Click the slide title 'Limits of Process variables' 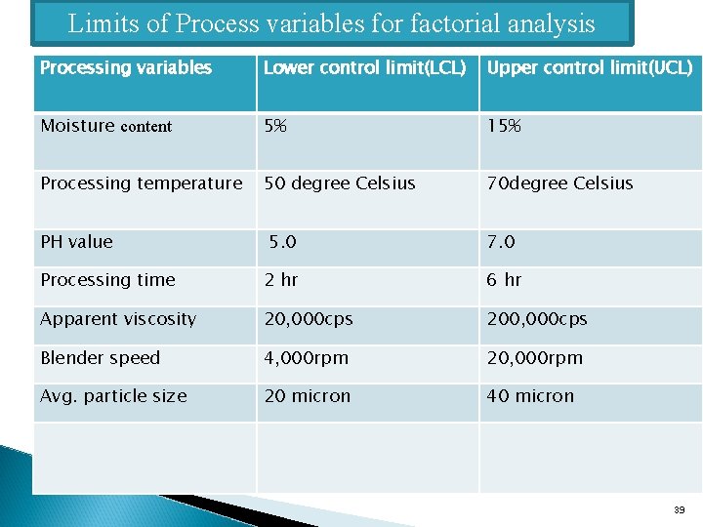tap(331, 23)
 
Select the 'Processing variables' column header tap(126, 68)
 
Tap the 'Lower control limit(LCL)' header tap(364, 68)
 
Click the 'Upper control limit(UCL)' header tap(590, 68)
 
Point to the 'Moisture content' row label tap(105, 126)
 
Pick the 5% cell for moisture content tap(275, 126)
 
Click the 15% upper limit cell tap(504, 126)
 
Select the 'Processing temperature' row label tap(142, 183)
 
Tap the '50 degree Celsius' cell tap(340, 183)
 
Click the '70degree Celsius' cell tap(560, 183)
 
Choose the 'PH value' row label tap(76, 242)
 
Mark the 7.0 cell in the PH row tap(502, 242)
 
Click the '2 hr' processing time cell tap(281, 280)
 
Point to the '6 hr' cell tap(505, 280)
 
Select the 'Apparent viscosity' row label tap(118, 319)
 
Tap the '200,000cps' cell tap(538, 319)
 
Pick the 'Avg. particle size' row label tap(113, 396)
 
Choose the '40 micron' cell tap(531, 396)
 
